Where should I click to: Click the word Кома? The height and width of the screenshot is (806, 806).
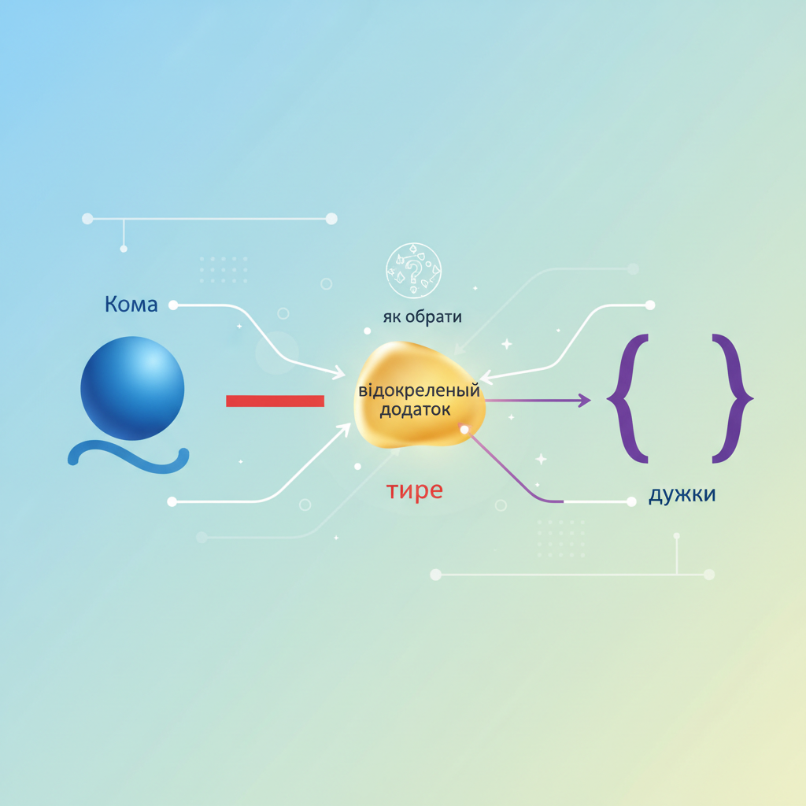131,305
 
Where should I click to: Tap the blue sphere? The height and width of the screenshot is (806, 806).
132,388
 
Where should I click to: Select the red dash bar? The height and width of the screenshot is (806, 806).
275,401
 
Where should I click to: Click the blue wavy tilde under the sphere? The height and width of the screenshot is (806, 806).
128,457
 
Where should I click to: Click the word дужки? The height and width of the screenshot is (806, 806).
682,494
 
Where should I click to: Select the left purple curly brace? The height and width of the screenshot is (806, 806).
628,398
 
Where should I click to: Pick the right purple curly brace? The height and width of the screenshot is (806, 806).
733,398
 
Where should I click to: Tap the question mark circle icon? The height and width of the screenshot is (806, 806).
414,271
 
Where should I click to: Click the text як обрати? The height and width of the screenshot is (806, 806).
422,316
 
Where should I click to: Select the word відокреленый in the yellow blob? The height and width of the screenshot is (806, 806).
419,390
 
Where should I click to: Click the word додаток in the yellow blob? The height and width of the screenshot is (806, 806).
415,410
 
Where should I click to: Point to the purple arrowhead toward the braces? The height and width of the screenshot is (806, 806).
585,401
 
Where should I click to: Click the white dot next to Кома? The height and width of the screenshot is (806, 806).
173,305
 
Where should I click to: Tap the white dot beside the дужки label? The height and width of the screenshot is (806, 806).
632,502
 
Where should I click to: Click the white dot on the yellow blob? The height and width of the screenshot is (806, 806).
464,429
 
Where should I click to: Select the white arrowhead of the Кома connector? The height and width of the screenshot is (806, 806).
339,372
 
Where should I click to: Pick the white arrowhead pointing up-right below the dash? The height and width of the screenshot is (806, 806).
345,429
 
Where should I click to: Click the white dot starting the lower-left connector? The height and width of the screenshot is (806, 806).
172,501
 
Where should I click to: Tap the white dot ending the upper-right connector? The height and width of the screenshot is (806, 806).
650,305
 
